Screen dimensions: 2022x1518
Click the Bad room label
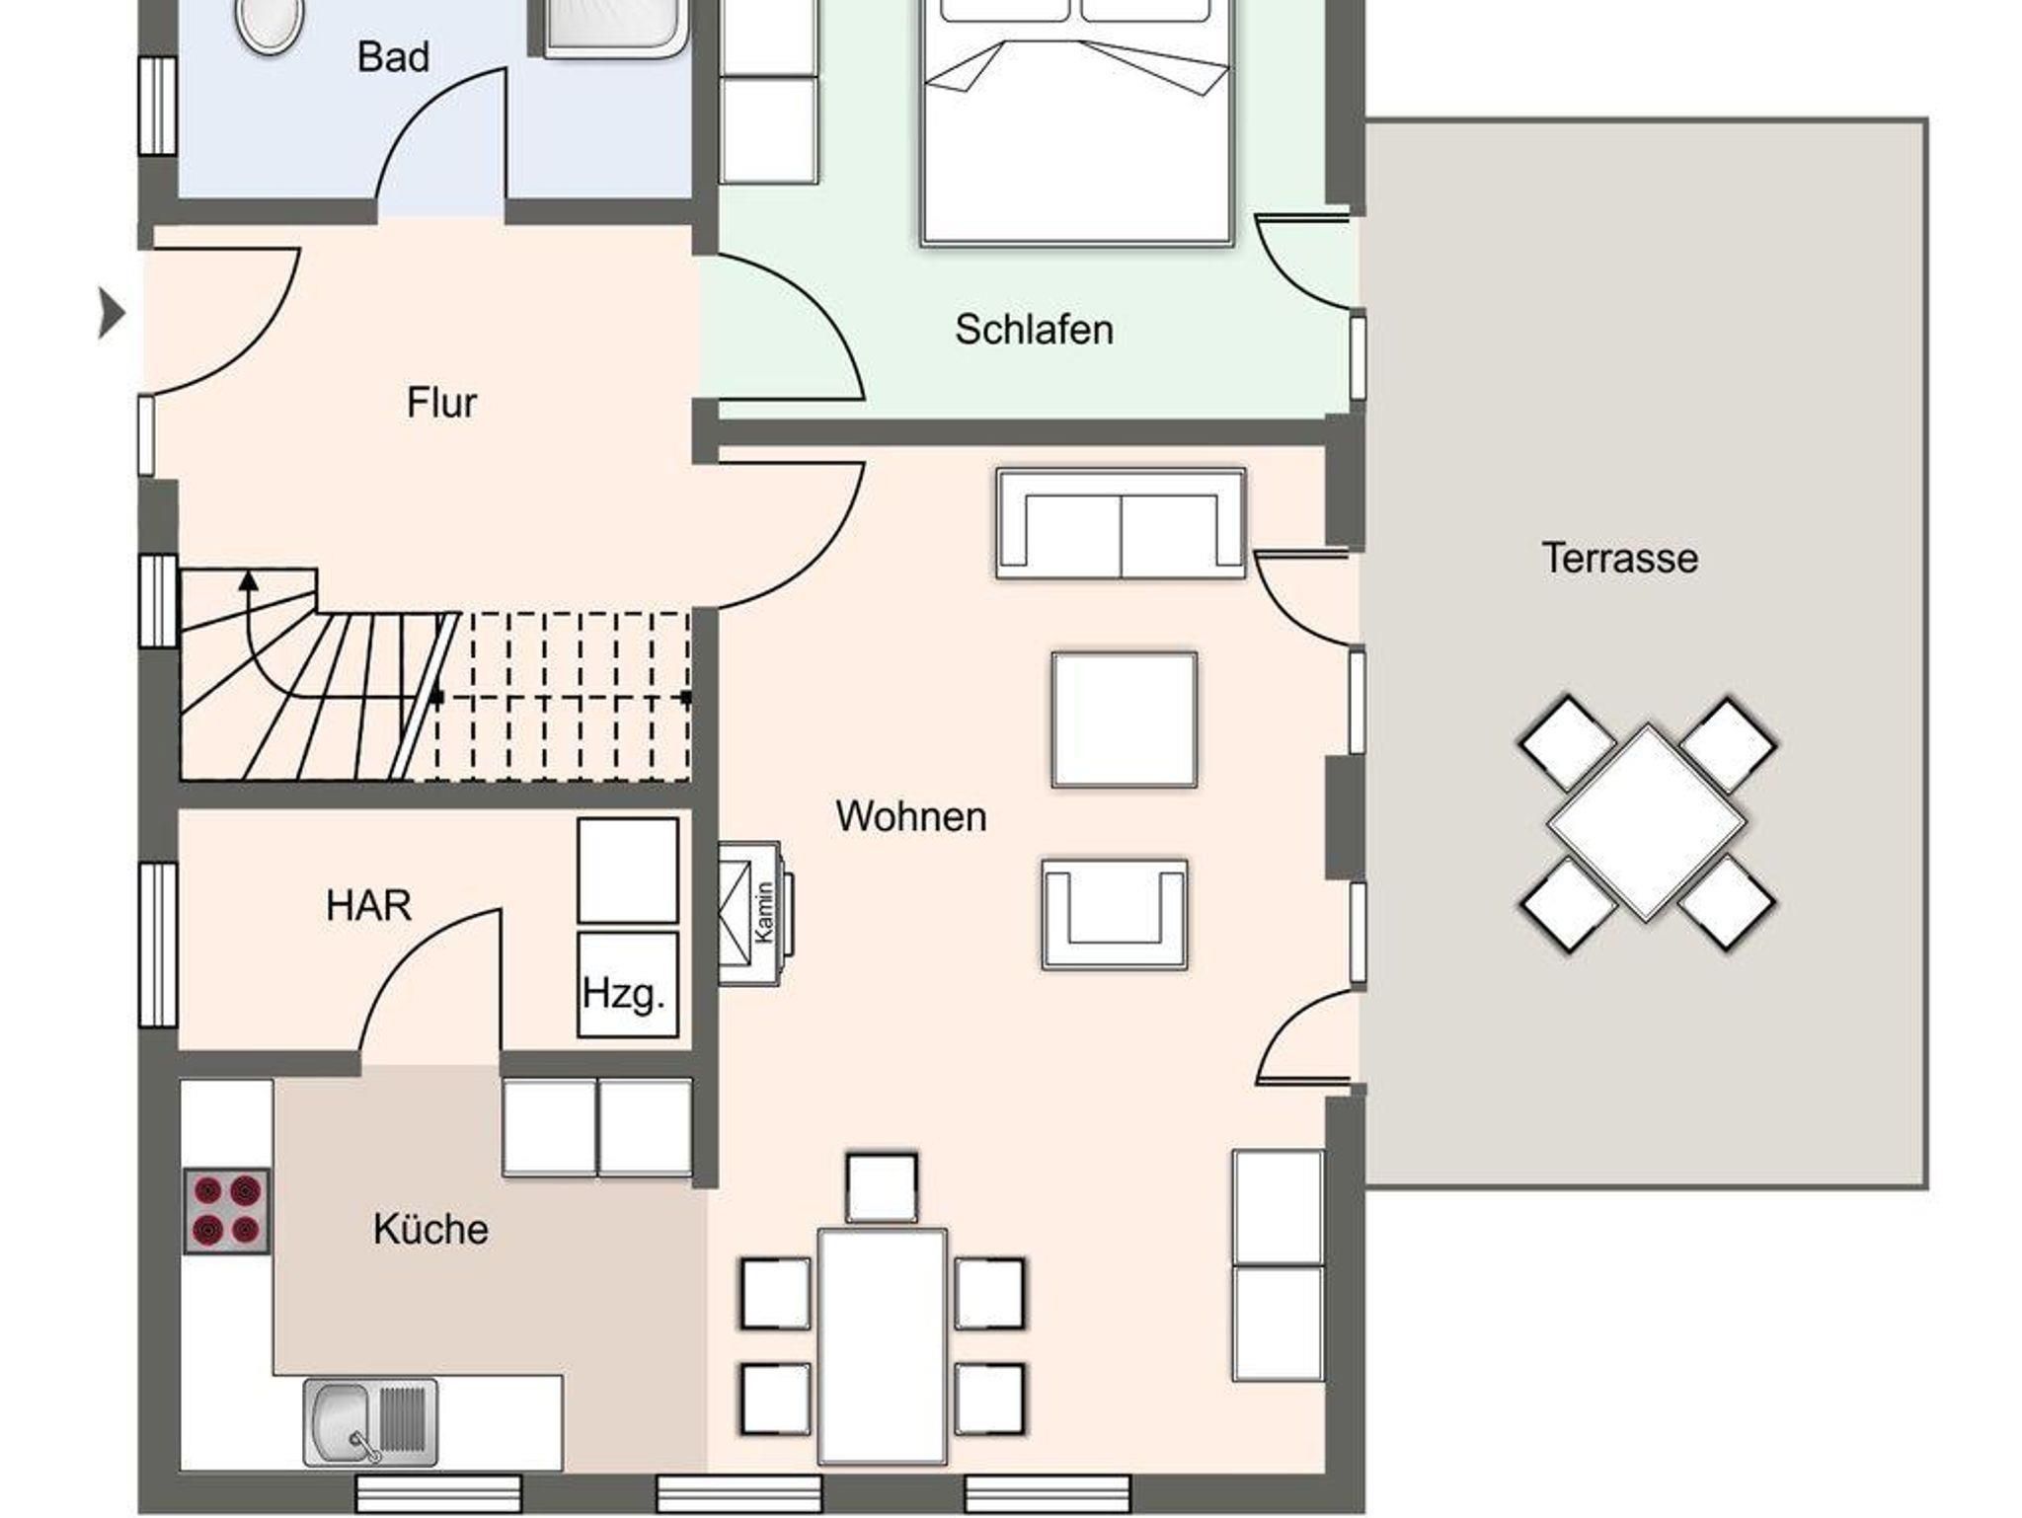393,57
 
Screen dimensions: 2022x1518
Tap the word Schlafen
1034,330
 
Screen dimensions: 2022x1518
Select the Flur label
441,403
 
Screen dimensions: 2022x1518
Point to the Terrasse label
1620,559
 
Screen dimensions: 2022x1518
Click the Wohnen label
911,817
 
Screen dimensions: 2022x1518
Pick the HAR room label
368,905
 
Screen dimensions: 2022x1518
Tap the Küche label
430,1230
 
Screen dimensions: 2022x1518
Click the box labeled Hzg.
627,984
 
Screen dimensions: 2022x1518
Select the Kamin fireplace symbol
755,913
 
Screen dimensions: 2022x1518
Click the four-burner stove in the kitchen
226,1212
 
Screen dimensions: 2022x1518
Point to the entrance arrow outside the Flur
112,314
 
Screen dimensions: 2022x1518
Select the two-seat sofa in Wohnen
1121,523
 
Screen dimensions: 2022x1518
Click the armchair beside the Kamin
1115,914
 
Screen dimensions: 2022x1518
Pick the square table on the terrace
1646,822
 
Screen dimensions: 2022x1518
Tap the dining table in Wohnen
882,1346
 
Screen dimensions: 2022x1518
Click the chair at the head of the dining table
882,1188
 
